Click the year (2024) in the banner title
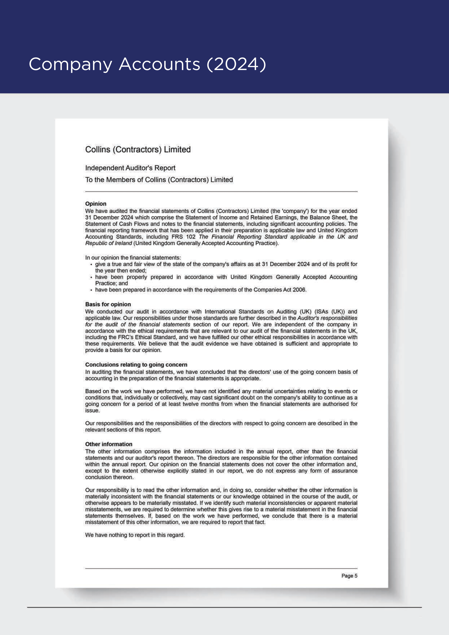pos(237,64)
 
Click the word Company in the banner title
pos(71,64)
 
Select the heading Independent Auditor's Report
pos(130,168)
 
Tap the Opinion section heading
pos(96,204)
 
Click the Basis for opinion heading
pos(108,304)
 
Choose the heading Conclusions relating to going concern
pos(136,365)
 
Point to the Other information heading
pos(109,444)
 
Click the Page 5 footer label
pos(349,576)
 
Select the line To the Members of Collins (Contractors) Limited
pos(159,180)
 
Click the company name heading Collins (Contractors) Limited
pos(138,150)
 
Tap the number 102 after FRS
pos(191,237)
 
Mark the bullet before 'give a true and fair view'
pos(91,264)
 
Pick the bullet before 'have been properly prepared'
pos(91,277)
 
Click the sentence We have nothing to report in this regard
pos(135,535)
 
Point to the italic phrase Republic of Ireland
pos(108,243)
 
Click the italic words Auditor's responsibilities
pos(327,318)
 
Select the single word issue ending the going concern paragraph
pos(92,410)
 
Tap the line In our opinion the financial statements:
pos(133,257)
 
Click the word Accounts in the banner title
pos(160,64)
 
